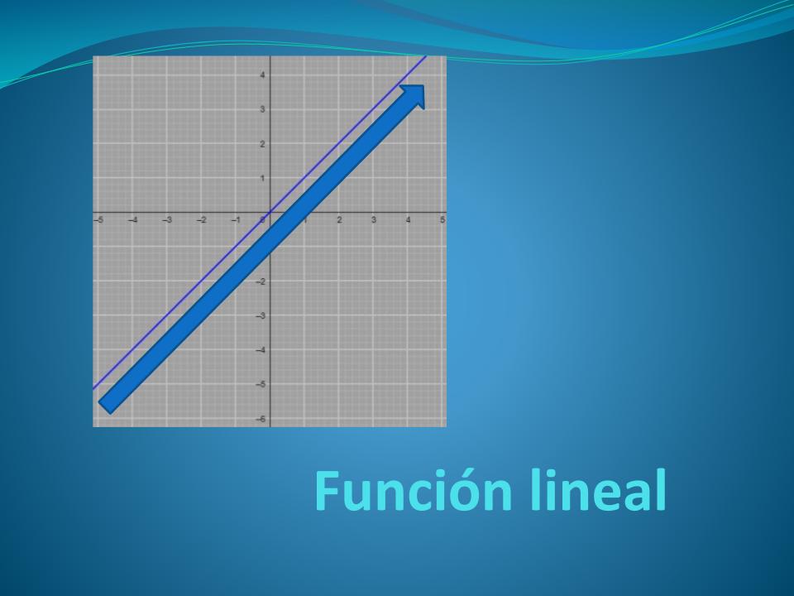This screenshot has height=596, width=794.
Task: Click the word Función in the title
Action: (414, 491)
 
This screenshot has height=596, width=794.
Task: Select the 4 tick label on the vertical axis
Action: (262, 75)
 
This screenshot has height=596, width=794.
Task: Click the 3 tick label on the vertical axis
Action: (262, 109)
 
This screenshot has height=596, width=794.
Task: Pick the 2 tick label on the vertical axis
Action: (262, 144)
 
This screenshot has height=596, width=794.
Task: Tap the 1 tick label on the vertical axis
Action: (262, 179)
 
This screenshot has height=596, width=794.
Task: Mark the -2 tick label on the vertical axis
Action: (261, 281)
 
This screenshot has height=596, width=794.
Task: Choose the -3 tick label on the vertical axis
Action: (261, 316)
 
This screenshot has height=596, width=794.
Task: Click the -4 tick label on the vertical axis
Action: (261, 350)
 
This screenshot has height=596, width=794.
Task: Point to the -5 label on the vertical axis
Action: (261, 385)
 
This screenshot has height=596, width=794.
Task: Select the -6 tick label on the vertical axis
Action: (261, 419)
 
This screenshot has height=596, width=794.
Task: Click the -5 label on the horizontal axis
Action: (98, 220)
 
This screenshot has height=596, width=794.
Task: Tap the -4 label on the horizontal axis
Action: (132, 220)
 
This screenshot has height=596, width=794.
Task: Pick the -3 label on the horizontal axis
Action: (167, 220)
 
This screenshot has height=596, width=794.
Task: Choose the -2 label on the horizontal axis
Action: (202, 220)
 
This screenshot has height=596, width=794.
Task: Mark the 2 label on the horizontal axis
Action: (339, 220)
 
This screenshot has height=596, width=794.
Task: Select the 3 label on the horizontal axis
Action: (374, 220)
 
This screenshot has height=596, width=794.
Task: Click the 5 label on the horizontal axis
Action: (442, 220)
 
